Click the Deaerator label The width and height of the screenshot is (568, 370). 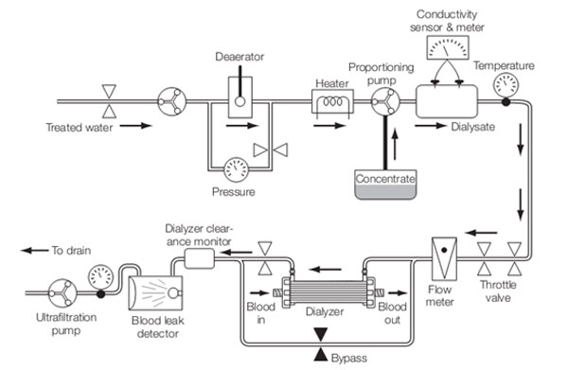coord(240,57)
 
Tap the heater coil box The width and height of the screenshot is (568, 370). coord(332,102)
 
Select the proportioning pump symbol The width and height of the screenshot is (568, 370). coord(385,102)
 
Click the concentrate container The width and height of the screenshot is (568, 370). coord(385,185)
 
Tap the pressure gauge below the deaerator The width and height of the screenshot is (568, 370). coord(236,169)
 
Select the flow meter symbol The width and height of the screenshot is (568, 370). coord(444,258)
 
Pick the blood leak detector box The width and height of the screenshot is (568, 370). coord(156,293)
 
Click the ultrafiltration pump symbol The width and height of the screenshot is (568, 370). coord(62,293)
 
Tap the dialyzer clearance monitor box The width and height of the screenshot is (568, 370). coord(199,258)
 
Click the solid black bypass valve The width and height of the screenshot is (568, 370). coord(321,344)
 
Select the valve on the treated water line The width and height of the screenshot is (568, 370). coord(109,101)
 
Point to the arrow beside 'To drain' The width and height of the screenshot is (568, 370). coord(34,250)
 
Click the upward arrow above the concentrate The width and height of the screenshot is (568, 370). coord(395,144)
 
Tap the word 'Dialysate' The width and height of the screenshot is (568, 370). coord(472,127)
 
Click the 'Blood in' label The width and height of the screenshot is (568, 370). coord(261,313)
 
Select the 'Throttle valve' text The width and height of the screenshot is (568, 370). coord(498,291)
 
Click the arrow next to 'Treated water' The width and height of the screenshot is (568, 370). coord(135,126)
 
